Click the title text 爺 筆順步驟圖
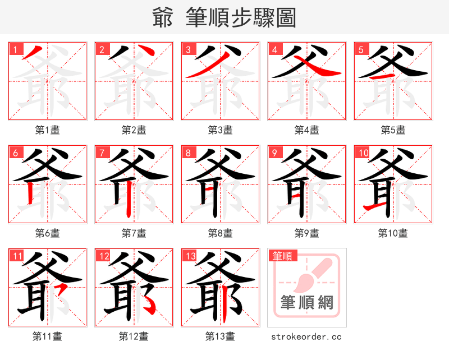(x=224, y=18)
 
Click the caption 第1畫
(x=48, y=130)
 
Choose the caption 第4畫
(x=307, y=130)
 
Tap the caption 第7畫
(x=134, y=233)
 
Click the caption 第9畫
(x=307, y=233)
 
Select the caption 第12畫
(x=134, y=336)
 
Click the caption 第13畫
(x=221, y=336)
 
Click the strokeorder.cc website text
(x=306, y=336)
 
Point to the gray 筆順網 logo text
(x=307, y=303)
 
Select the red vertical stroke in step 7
(x=129, y=199)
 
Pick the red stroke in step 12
(x=150, y=304)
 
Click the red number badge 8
(x=189, y=153)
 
